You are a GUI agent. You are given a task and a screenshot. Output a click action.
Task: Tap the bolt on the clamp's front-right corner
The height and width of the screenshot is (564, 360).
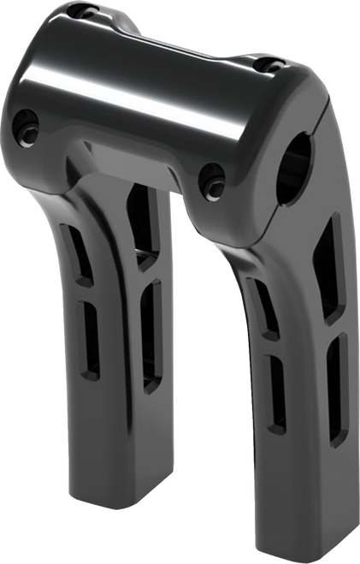click(209, 180)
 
